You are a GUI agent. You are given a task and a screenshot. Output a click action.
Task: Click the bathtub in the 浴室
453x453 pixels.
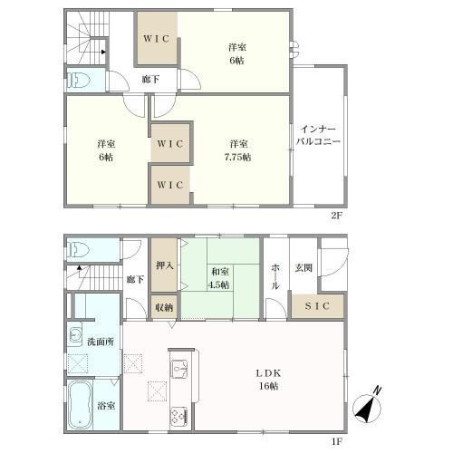(x=80, y=405)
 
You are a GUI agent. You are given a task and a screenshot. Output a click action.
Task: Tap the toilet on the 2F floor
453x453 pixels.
(x=79, y=81)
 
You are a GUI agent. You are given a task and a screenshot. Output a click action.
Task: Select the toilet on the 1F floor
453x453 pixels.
(x=78, y=250)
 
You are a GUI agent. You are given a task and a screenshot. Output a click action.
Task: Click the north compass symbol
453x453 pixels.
(x=367, y=405)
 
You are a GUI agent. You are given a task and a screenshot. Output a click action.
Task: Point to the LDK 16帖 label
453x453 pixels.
(x=268, y=380)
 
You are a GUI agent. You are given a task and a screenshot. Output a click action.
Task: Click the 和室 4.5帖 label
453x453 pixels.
(x=220, y=278)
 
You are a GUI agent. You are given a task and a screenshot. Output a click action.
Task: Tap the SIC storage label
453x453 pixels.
(x=317, y=306)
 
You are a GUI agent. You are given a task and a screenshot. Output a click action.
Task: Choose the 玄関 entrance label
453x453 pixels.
(x=304, y=267)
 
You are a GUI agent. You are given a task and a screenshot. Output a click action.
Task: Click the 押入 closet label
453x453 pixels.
(x=165, y=265)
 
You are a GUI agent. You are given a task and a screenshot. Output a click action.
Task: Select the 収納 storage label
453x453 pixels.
(x=164, y=307)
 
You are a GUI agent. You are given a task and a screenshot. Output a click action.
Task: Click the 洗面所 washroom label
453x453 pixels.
(x=101, y=342)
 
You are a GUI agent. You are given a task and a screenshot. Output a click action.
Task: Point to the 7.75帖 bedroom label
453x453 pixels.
(x=238, y=150)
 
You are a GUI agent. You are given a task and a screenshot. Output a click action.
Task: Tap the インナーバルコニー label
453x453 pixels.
(x=318, y=135)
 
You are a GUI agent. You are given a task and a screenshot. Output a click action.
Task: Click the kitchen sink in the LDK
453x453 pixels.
(x=179, y=369)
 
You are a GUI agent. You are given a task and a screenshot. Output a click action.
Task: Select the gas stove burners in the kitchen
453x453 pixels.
(x=178, y=417)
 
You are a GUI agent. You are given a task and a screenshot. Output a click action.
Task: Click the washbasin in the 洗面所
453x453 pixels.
(x=74, y=333)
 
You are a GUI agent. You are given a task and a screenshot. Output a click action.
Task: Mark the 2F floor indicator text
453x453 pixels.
(x=336, y=216)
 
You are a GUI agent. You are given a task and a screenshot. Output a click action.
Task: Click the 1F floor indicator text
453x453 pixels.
(x=336, y=442)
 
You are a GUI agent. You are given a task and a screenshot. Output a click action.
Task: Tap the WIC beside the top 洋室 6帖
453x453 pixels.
(x=157, y=39)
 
